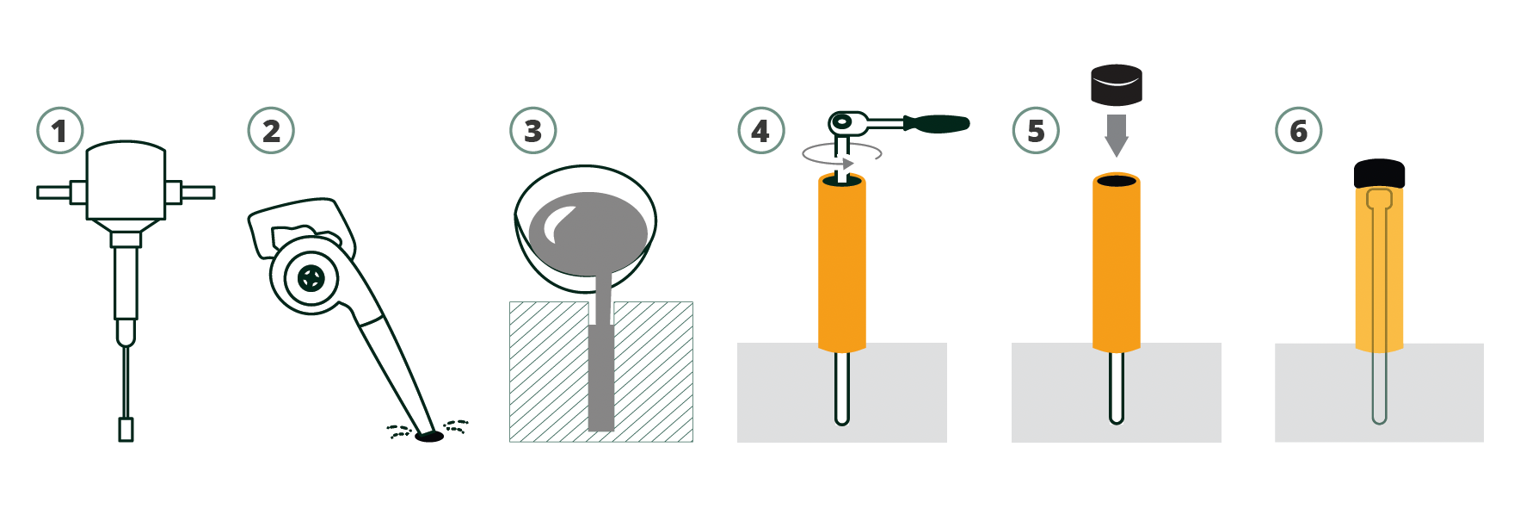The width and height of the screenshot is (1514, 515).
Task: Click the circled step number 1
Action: (59, 131)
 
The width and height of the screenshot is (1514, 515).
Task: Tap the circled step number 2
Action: (271, 131)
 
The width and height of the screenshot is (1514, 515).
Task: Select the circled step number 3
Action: (533, 131)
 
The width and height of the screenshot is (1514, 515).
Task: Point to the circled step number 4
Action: (761, 131)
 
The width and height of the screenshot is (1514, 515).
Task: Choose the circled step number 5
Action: (1036, 131)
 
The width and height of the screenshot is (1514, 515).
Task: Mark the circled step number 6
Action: (1298, 131)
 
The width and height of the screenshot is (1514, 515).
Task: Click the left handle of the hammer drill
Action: (61, 192)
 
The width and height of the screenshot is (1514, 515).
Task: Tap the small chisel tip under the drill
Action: (126, 430)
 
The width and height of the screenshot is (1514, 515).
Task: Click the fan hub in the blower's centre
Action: (311, 277)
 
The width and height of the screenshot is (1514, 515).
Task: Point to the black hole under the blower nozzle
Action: (429, 437)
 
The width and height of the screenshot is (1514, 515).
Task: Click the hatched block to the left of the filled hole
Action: (549, 372)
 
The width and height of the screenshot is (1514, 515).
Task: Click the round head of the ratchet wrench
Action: (843, 122)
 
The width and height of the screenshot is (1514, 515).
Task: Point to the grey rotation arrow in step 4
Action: (841, 154)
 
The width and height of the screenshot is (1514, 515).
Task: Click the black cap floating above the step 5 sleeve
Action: (1117, 84)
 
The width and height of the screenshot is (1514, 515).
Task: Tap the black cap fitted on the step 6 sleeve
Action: (1379, 174)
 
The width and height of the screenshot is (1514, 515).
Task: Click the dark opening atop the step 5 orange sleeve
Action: (1117, 181)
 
